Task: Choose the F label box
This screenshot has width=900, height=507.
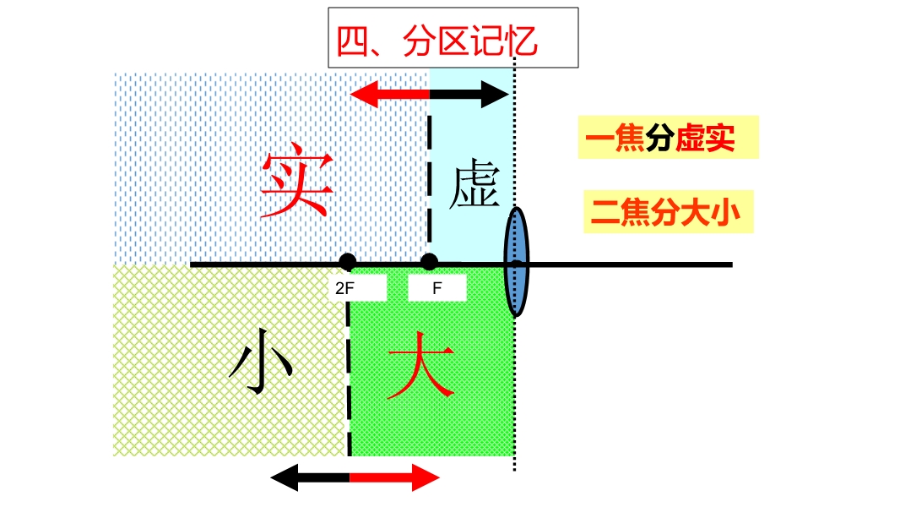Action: pyautogui.click(x=436, y=288)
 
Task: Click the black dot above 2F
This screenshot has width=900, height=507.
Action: pyautogui.click(x=348, y=262)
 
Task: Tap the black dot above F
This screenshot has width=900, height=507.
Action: pyautogui.click(x=430, y=261)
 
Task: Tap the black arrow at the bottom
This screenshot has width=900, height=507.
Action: pyautogui.click(x=309, y=478)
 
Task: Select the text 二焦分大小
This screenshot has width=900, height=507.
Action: pyautogui.click(x=665, y=213)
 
